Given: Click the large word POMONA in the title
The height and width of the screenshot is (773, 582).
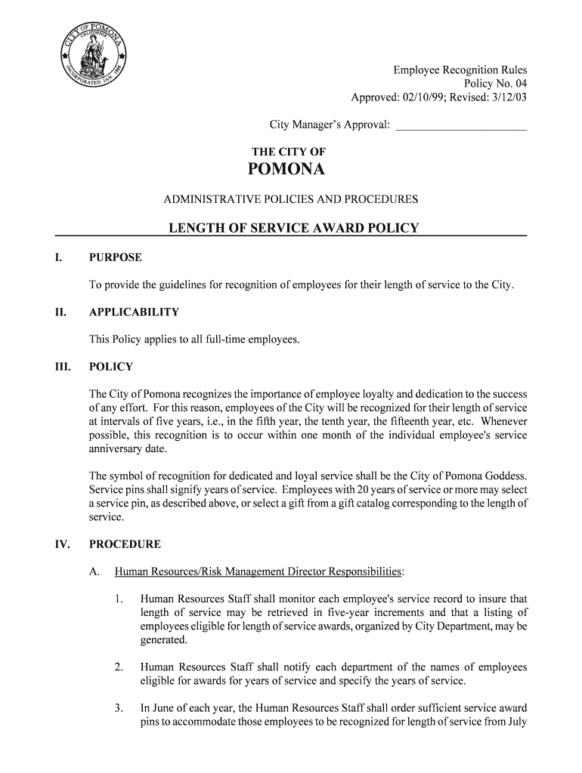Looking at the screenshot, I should click(x=286, y=170).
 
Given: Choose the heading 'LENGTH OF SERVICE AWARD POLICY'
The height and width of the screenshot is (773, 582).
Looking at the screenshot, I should click(x=293, y=228).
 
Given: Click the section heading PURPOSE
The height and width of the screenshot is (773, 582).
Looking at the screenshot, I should click(x=115, y=258).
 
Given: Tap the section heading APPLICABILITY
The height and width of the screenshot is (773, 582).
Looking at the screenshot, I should click(x=134, y=313).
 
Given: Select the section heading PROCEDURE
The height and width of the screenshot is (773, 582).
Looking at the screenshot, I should click(x=125, y=544).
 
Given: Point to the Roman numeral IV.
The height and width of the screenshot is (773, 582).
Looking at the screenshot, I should click(x=62, y=544).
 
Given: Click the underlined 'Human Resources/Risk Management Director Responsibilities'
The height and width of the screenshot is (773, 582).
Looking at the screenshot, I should click(x=258, y=571).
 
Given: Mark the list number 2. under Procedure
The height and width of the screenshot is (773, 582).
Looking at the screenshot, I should click(x=119, y=667).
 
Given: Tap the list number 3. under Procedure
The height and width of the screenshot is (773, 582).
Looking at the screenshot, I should click(x=119, y=708).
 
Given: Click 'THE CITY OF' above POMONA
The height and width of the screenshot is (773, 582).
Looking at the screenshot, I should click(x=288, y=152).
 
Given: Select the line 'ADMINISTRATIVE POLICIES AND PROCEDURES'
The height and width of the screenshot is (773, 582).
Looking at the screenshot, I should click(x=291, y=200).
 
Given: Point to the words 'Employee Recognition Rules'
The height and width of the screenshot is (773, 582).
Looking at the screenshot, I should click(x=460, y=71).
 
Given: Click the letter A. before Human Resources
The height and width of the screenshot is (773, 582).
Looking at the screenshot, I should click(x=94, y=571).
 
